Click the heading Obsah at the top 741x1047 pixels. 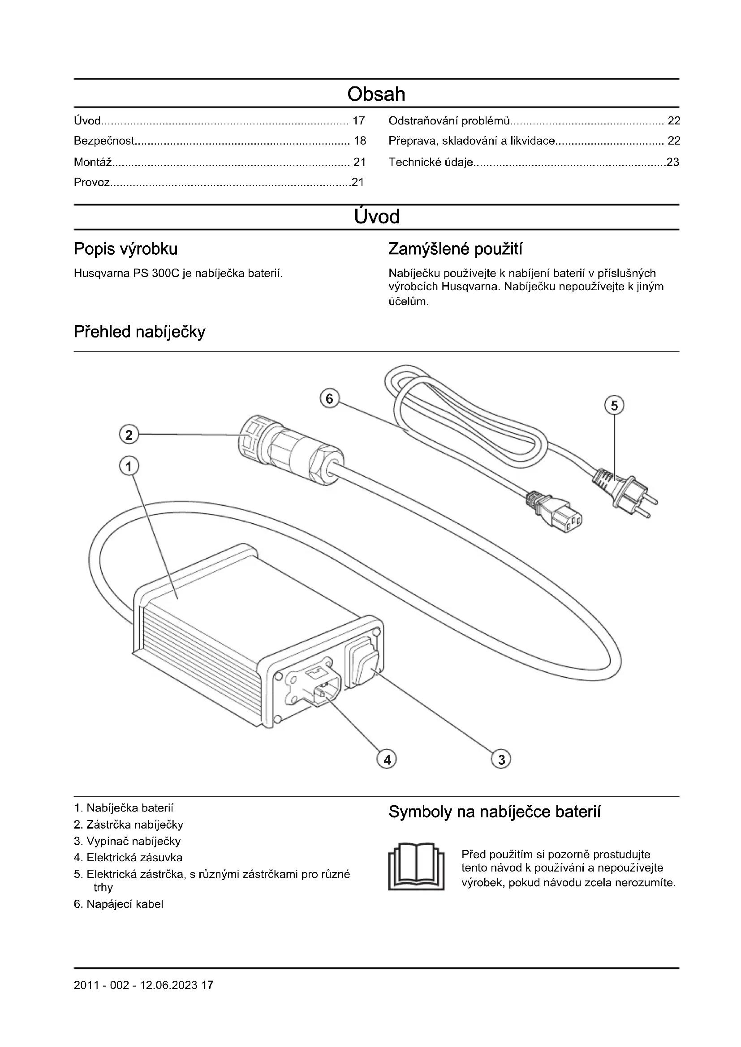[376, 94]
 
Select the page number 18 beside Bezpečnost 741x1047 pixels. [360, 141]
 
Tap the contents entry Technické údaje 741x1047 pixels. [431, 162]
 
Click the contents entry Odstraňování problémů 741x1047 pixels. [449, 121]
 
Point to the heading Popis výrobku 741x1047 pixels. [125, 249]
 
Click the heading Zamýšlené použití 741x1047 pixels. [455, 249]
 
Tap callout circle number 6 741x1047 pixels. [329, 399]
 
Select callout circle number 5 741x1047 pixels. [614, 406]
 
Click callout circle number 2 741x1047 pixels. [129, 435]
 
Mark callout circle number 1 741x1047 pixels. [129, 466]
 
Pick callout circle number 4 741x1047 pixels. [387, 759]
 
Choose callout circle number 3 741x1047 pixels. [501, 759]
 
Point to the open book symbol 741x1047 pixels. [416, 867]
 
